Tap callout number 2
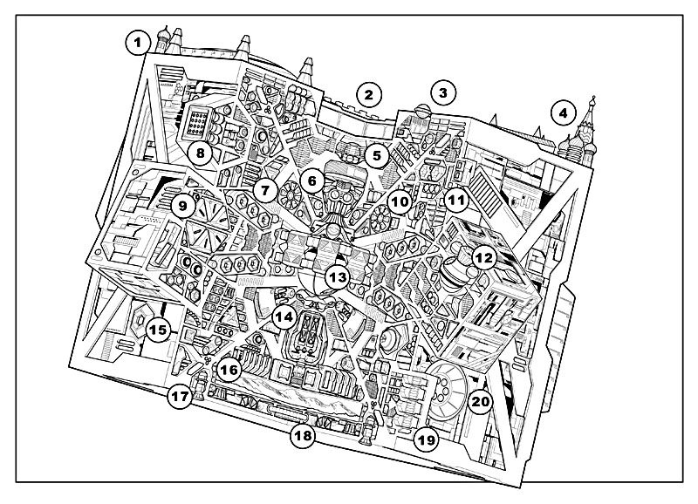(x=369, y=94)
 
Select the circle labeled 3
(x=443, y=92)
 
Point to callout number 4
(x=563, y=112)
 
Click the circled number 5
(x=376, y=156)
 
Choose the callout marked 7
(x=267, y=188)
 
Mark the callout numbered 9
(x=182, y=206)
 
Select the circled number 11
(x=455, y=200)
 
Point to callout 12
(x=484, y=257)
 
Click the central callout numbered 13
(x=337, y=277)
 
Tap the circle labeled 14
(x=281, y=317)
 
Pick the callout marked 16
(x=229, y=371)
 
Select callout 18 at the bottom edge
(x=302, y=436)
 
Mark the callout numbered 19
(x=426, y=439)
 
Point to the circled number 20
(x=479, y=402)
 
